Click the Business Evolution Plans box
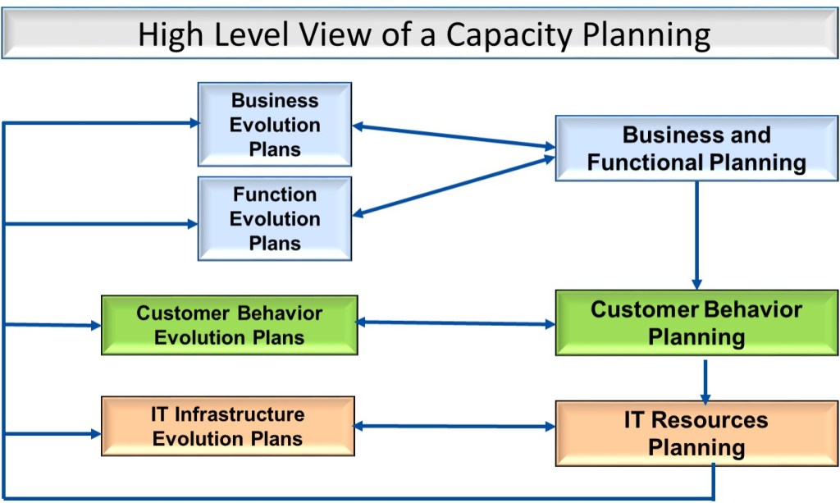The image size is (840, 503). click(x=275, y=125)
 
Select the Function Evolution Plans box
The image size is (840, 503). click(x=275, y=219)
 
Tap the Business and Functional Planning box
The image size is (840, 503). click(x=696, y=149)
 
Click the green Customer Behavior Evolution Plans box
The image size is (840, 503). click(x=229, y=325)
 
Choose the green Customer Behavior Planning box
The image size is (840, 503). click(x=696, y=322)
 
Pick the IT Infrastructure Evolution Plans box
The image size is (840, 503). click(x=227, y=426)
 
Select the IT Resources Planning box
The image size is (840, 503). click(x=696, y=433)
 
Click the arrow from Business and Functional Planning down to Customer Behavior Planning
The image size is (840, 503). click(x=696, y=234)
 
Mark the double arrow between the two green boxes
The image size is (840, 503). click(x=456, y=322)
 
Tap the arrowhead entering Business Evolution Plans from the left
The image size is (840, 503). click(x=194, y=123)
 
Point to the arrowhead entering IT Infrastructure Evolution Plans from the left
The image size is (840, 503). click(x=96, y=432)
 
